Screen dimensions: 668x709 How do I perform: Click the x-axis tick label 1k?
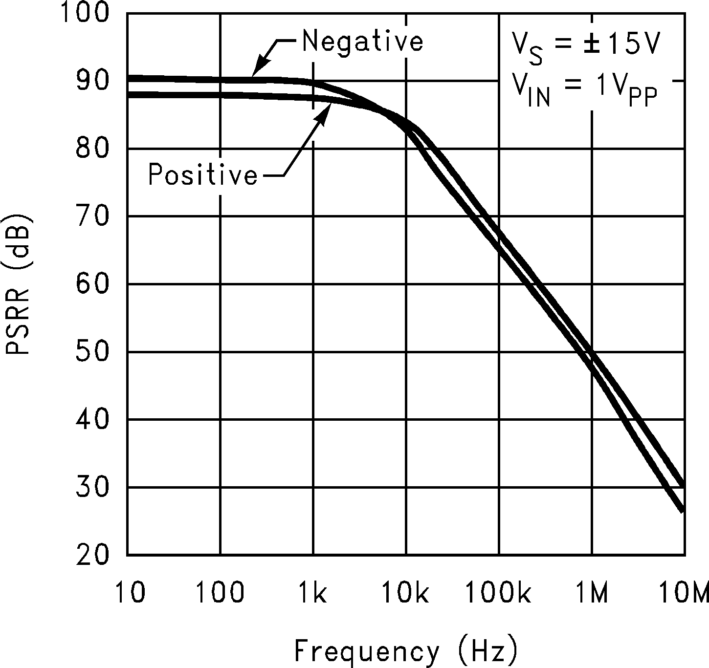312,593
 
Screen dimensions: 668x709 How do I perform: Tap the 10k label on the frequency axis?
405,593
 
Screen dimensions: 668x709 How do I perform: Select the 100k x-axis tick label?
498,593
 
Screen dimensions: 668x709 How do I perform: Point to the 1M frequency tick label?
592,593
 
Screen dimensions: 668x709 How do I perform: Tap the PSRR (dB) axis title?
18,284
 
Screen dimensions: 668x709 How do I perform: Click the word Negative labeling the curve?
362,41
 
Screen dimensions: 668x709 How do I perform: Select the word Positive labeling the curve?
203,174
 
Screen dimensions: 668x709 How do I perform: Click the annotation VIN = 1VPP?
584,89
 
